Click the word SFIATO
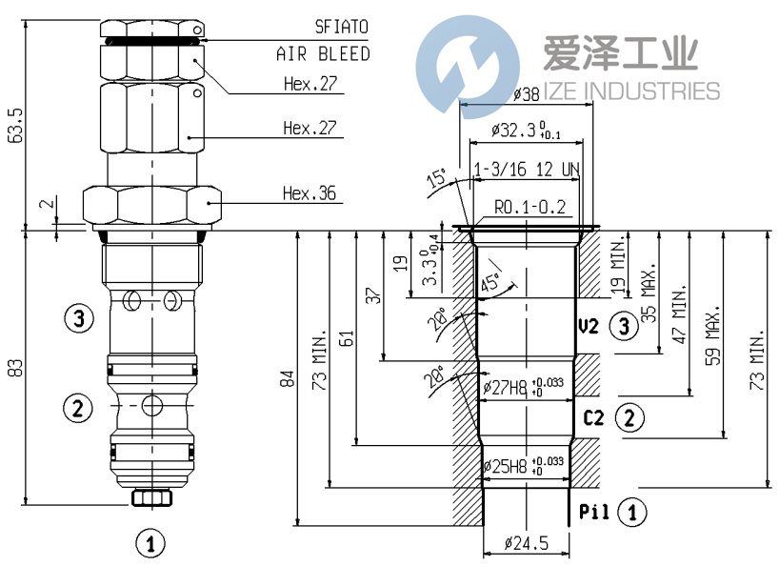(341, 27)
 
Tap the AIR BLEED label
(323, 54)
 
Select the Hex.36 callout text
(310, 193)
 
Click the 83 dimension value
(14, 368)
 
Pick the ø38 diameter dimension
(527, 95)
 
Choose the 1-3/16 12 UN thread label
(527, 170)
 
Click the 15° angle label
(436, 179)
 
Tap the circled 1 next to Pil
(630, 512)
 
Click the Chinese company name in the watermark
(620, 52)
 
